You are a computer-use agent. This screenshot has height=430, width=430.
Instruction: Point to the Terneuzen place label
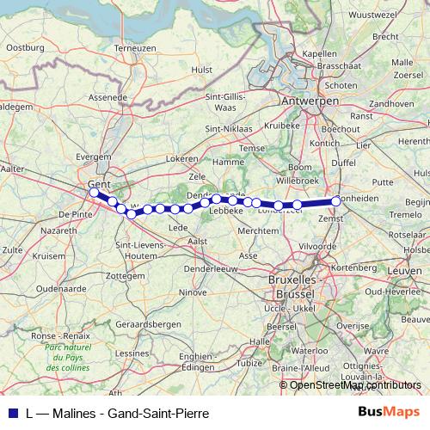[134, 48]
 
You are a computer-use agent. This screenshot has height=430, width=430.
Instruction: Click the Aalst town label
[198, 243]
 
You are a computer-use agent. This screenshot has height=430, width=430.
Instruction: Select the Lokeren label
[182, 159]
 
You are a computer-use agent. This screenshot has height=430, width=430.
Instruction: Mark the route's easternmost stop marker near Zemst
[336, 202]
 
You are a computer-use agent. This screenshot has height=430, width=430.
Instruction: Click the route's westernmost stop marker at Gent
[94, 192]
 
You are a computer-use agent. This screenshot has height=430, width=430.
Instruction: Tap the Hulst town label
[202, 69]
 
